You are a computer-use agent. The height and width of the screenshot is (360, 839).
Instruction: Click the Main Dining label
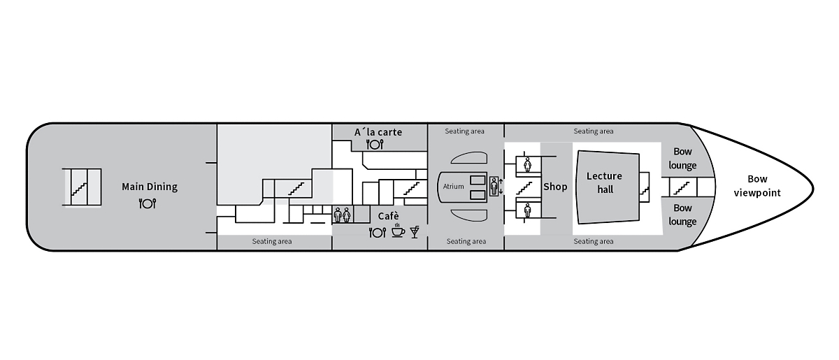click(150, 187)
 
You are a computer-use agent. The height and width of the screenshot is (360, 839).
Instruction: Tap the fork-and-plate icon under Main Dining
click(148, 203)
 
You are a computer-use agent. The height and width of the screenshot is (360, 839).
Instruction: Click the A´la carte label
click(378, 132)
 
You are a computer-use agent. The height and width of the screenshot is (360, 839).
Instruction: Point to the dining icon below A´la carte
click(375, 144)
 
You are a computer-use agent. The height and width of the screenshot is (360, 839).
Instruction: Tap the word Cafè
click(389, 216)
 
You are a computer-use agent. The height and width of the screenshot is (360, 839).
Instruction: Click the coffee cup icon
click(398, 231)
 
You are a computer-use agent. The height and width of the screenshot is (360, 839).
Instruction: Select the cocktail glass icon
click(415, 232)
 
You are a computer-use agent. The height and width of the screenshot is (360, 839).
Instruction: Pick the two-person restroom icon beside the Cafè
click(343, 215)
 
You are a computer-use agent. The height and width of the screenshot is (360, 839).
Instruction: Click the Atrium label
click(453, 186)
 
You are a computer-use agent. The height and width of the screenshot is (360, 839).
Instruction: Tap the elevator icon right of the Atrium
click(494, 186)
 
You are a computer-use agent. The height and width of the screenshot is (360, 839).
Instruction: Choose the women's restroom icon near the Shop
click(527, 164)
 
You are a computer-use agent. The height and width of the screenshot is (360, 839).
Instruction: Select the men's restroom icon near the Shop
click(527, 210)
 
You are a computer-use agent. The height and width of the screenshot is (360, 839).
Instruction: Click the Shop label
click(555, 187)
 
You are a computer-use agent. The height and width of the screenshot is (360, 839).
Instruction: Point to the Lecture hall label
click(605, 183)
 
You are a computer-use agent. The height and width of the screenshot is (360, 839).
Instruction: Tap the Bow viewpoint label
click(757, 186)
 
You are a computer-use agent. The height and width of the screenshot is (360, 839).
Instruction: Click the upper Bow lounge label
click(682, 159)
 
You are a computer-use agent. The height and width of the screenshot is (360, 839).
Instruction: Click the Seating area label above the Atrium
click(464, 131)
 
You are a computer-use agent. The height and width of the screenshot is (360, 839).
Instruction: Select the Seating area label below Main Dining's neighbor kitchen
click(272, 241)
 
